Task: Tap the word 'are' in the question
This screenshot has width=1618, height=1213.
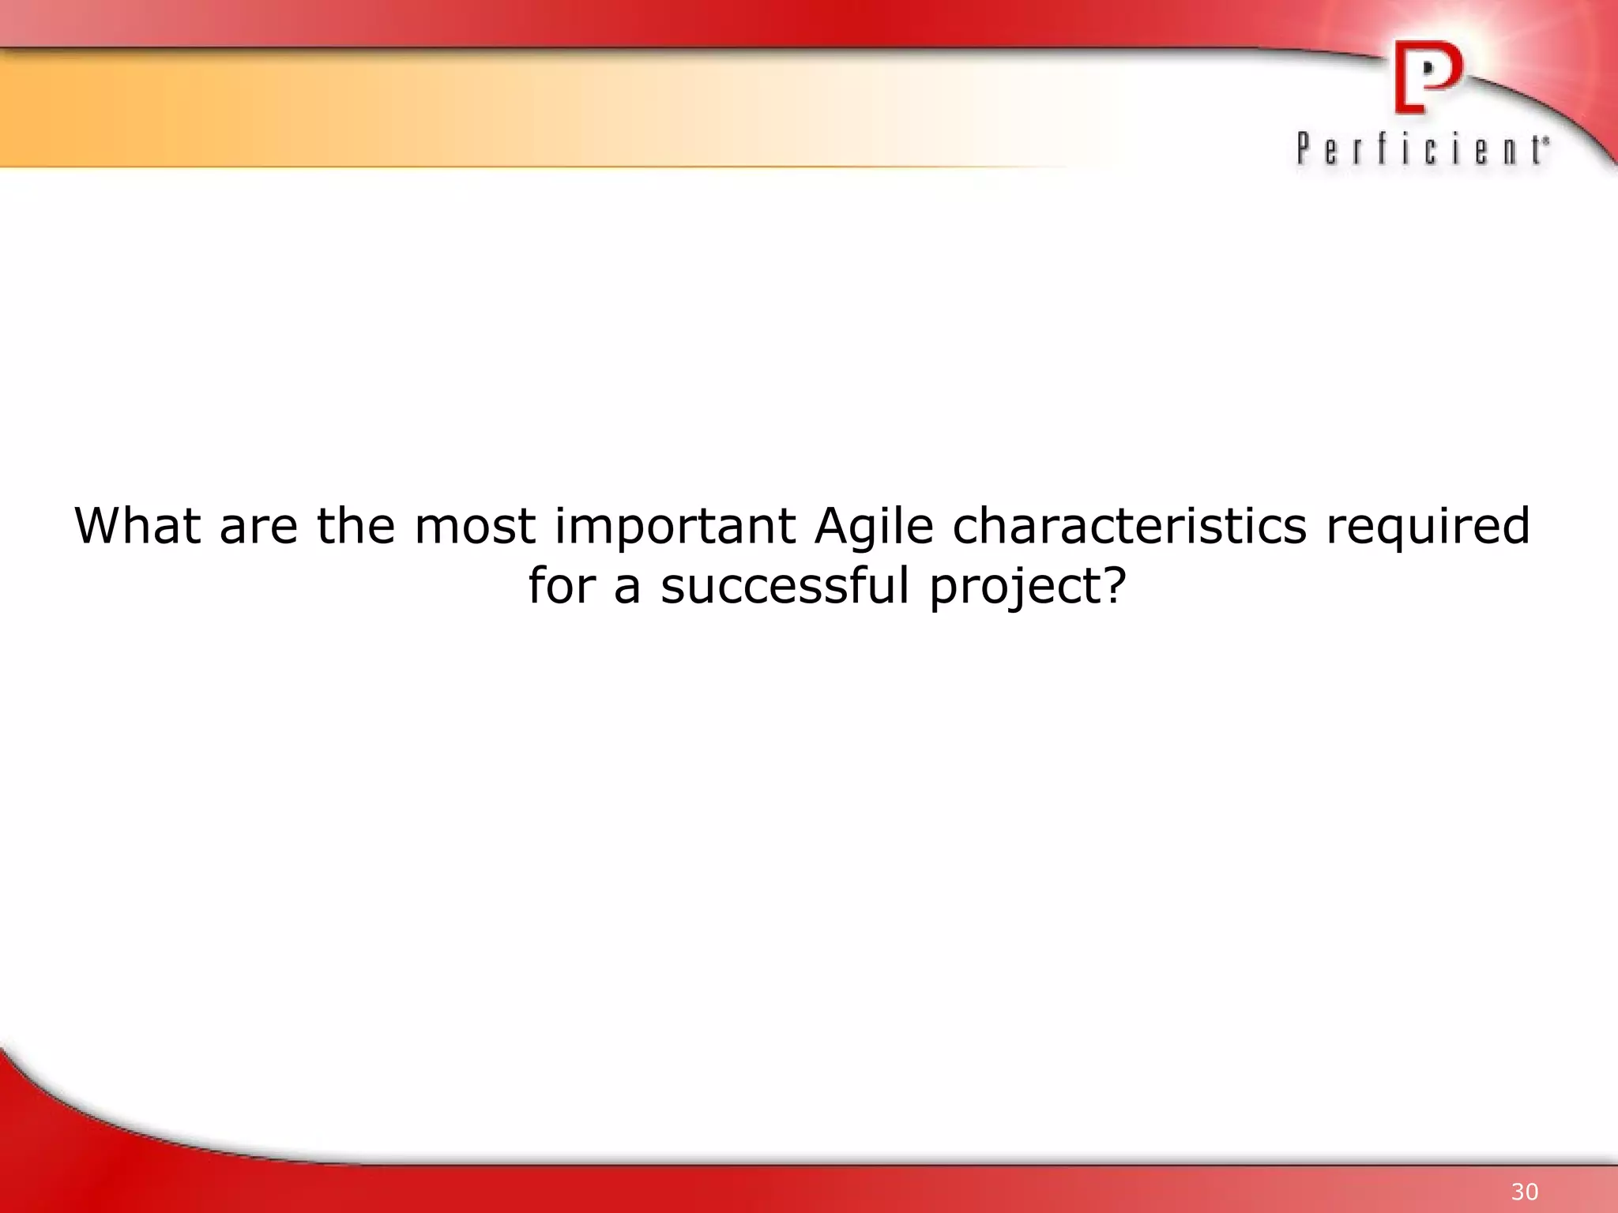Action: [258, 528]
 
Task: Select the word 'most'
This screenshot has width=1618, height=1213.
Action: [475, 528]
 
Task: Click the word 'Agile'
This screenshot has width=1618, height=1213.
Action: [874, 528]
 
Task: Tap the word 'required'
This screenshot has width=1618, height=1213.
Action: [1428, 528]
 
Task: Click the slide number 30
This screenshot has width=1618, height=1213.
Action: [1525, 1192]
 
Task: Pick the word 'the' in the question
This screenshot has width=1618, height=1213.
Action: [356, 526]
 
